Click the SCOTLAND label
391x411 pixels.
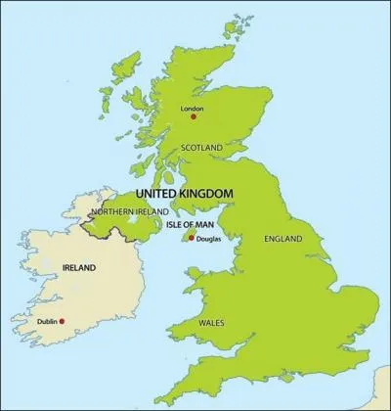[x=202, y=148]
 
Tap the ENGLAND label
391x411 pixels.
[x=283, y=238]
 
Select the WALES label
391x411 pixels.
[x=212, y=322]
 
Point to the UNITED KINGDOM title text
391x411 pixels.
[x=184, y=194]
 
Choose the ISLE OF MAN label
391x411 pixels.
[x=189, y=224]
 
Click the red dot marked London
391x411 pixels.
[x=195, y=116]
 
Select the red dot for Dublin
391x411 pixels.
[x=63, y=321]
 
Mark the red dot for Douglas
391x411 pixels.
[x=191, y=237]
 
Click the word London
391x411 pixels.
[x=194, y=108]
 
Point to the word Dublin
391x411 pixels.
[x=45, y=321]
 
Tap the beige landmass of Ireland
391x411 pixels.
[x=68, y=294]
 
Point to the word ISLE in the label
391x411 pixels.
[x=172, y=224]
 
